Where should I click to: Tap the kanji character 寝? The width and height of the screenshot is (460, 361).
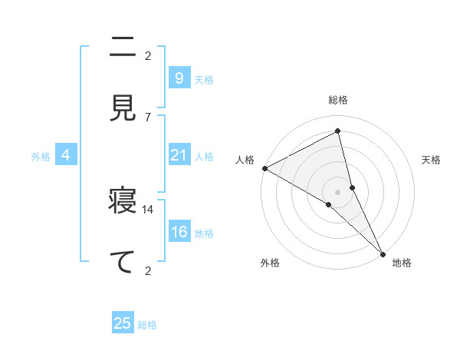[x=123, y=203]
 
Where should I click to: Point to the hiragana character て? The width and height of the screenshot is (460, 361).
[x=123, y=261]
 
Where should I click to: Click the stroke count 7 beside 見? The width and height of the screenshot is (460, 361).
[x=148, y=117]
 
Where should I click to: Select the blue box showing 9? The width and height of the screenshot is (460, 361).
[x=179, y=78]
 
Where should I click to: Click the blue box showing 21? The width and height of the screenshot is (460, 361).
[x=179, y=155]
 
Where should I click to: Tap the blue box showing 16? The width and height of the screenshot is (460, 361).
[x=179, y=232]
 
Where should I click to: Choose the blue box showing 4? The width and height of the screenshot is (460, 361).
[x=66, y=155]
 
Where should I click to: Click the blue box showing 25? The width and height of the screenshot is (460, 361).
[x=123, y=323]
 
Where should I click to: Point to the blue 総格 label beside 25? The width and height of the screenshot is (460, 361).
[x=147, y=325]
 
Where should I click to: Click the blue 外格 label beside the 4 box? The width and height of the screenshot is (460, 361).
[x=41, y=157]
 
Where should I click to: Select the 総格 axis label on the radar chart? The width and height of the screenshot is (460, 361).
[x=338, y=100]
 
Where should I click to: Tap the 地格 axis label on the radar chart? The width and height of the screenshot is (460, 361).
[x=402, y=263]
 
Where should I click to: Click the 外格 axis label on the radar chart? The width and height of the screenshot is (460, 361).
[x=270, y=263]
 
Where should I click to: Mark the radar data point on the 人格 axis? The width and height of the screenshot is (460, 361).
[x=264, y=168]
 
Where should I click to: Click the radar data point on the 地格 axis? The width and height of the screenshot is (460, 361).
[x=383, y=252]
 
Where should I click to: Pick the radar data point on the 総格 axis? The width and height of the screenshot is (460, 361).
[x=338, y=131]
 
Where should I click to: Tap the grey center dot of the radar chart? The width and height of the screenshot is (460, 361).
[x=338, y=190]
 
